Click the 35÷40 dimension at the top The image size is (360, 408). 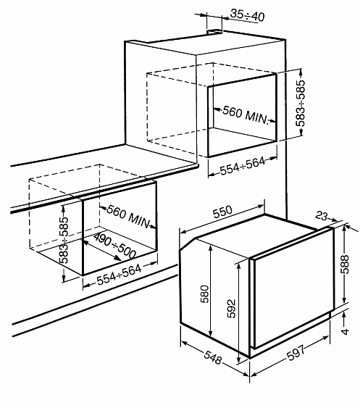point(248,15)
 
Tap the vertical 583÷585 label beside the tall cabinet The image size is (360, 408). point(300,104)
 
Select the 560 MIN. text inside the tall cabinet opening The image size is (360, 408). point(246,115)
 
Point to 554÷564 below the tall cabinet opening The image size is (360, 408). point(243,166)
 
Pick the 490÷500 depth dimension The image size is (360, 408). point(114,246)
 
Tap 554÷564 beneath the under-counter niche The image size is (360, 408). point(119,275)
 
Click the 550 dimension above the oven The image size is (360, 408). point(222,212)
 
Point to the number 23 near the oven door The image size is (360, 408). point(321,216)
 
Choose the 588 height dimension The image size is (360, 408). point(345,264)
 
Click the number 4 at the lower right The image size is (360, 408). point(345,331)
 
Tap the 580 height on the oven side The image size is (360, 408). point(204,294)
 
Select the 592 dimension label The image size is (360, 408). point(231,309)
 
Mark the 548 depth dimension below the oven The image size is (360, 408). point(213,357)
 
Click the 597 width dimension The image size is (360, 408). point(296,352)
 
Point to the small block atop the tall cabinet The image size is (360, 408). point(215,31)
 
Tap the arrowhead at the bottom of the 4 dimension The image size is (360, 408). point(344,315)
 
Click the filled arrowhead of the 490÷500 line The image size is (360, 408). point(118,258)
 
